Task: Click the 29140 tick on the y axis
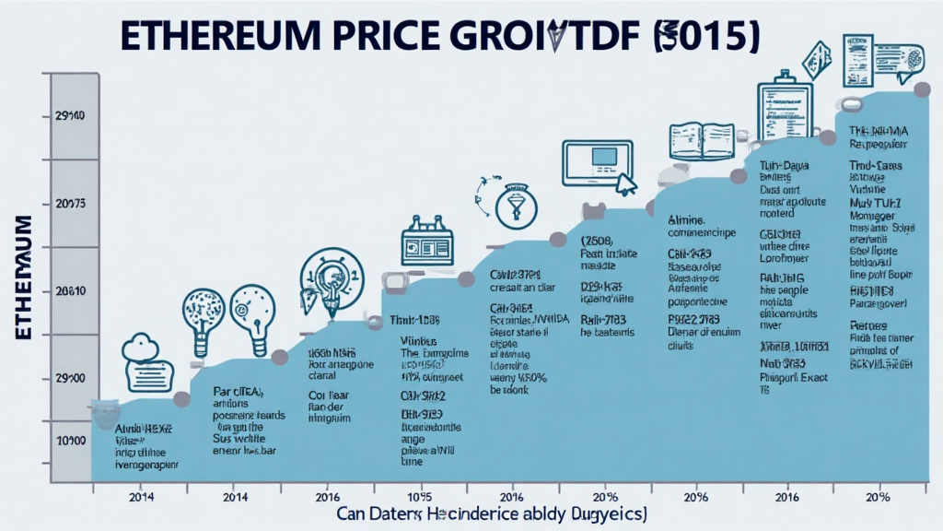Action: (70, 116)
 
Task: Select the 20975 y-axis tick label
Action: (70, 203)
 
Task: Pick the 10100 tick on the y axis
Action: (70, 442)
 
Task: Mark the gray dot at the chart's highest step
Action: (921, 90)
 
